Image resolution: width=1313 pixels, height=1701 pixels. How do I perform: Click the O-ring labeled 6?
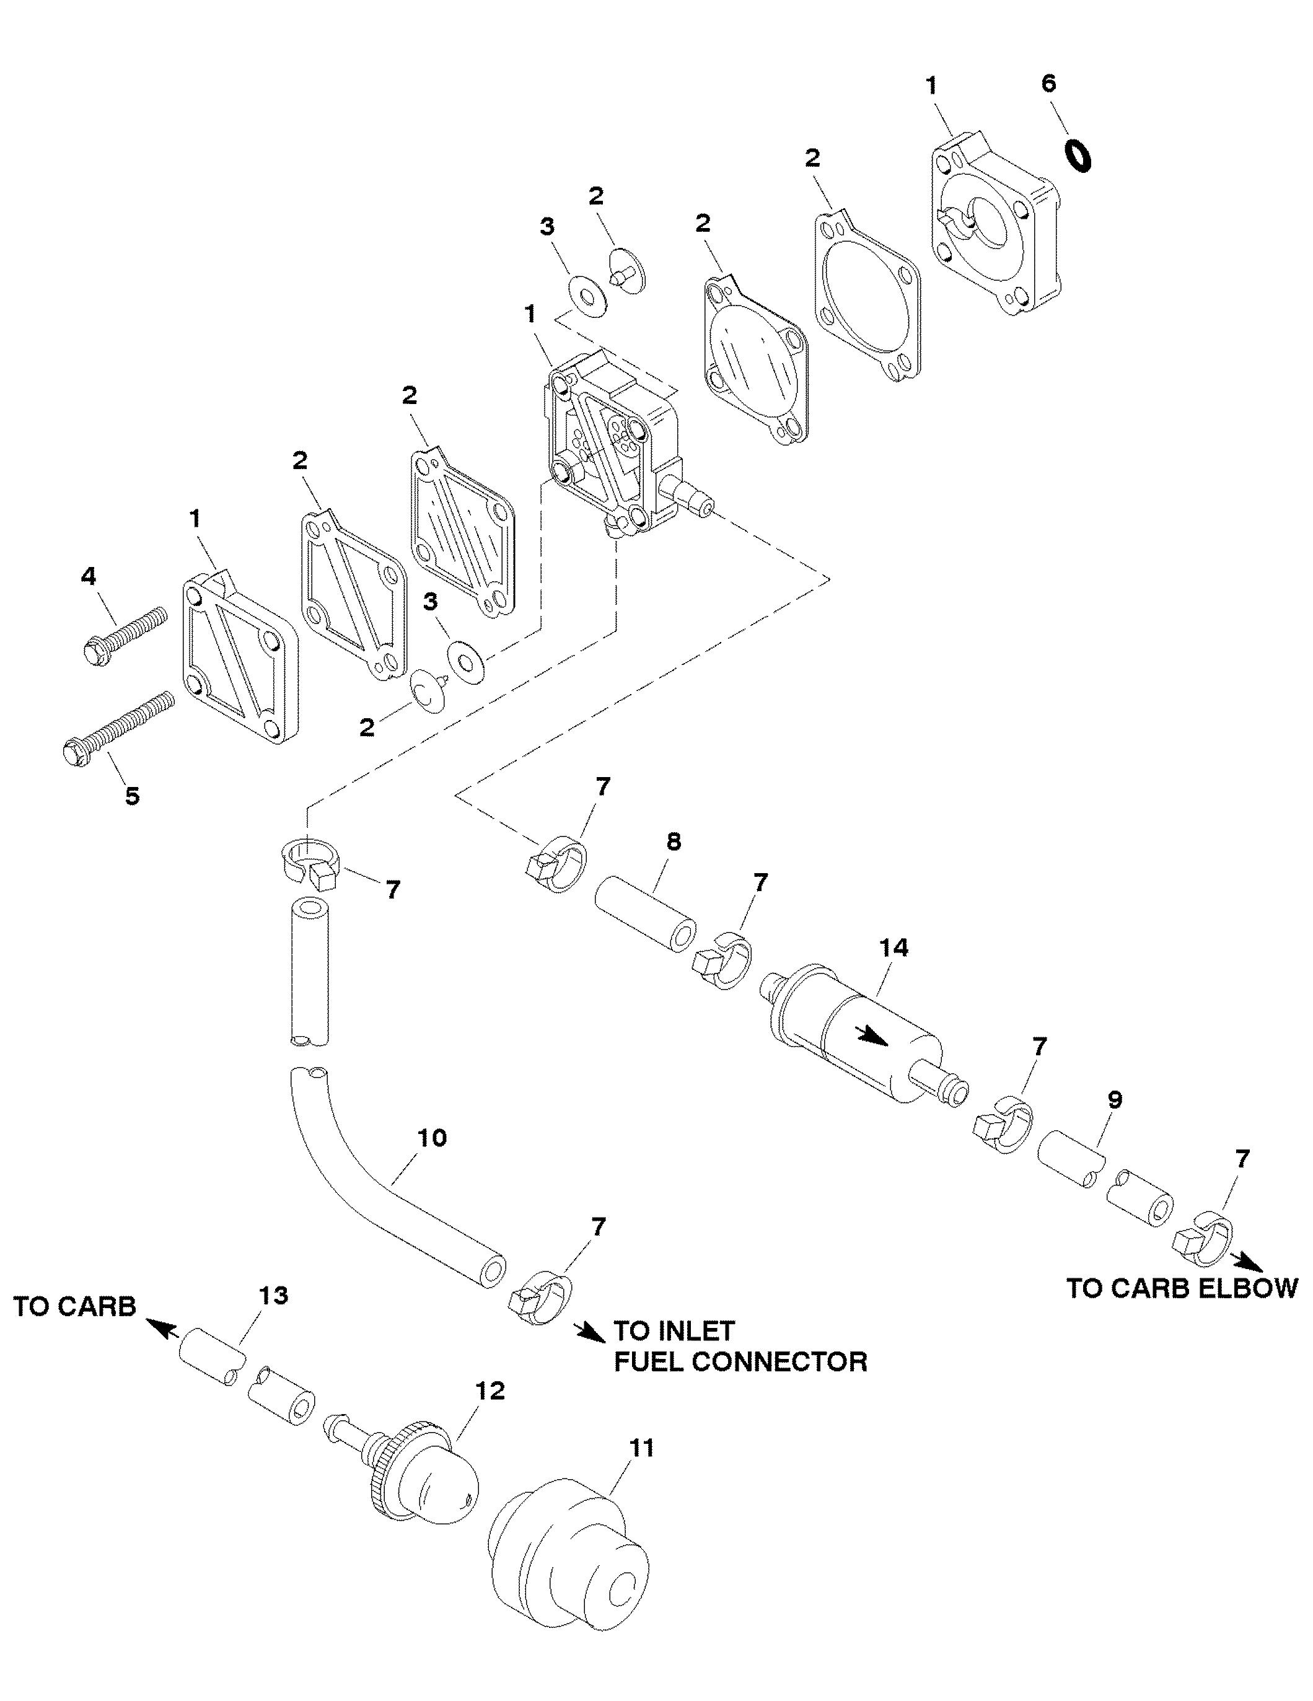coord(1078,156)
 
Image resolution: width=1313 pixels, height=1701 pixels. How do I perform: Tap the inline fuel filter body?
coord(863,1031)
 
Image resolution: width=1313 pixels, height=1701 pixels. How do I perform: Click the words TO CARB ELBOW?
coord(1182,1288)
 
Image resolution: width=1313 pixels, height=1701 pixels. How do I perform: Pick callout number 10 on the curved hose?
coord(433,1138)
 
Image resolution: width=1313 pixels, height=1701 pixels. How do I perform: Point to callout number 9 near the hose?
coord(1115,1101)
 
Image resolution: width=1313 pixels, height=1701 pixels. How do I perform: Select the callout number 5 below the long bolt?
coord(133,796)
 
